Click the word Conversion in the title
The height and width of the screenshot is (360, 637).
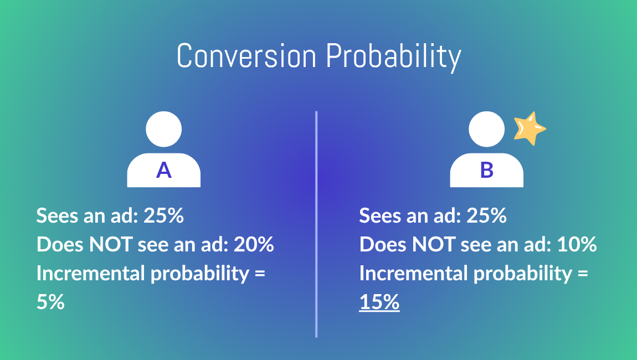(x=246, y=56)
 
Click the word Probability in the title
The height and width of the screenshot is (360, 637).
(x=394, y=58)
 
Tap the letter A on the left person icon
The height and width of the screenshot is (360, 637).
(x=164, y=170)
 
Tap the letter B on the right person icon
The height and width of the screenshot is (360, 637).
(x=487, y=170)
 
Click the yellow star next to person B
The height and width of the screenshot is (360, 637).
(x=530, y=129)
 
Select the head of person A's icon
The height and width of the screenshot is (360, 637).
(x=164, y=129)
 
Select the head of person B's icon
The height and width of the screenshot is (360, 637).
(x=487, y=129)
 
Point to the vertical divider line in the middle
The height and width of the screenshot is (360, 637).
(x=316, y=224)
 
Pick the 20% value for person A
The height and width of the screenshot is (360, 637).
(x=254, y=244)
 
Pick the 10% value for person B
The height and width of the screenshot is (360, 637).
(x=577, y=244)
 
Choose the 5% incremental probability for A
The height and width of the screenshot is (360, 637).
(x=50, y=302)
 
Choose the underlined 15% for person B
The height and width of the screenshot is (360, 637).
(x=379, y=302)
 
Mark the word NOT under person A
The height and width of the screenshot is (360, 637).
(x=110, y=244)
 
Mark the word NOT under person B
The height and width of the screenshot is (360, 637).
(x=434, y=244)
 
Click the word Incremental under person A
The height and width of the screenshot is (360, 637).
(x=90, y=273)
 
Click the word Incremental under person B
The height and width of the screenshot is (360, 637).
(x=413, y=273)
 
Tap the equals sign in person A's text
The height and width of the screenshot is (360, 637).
(x=260, y=273)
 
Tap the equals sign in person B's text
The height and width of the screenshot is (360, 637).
(x=583, y=273)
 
